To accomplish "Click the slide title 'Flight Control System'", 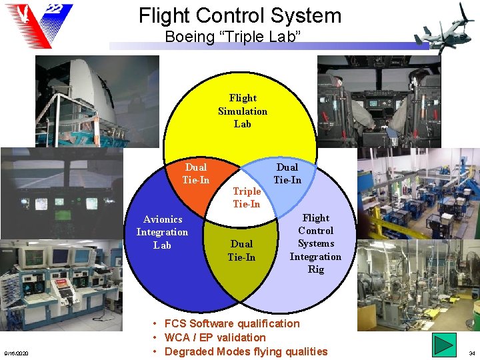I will [x=240, y=15].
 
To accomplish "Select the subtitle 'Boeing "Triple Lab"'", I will [x=233, y=36].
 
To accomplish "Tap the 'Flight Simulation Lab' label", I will [x=243, y=111].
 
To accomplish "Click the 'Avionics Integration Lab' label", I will [x=162, y=232].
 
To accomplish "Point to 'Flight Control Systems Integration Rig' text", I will [x=315, y=243].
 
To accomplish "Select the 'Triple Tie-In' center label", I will [x=246, y=197].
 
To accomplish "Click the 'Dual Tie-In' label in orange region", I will [x=196, y=174].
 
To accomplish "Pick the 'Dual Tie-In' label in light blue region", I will [x=287, y=173].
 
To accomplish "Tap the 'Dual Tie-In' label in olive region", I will [x=241, y=251].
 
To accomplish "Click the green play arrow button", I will [x=445, y=345].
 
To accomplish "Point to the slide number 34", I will [x=471, y=353].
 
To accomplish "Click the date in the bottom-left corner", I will [x=15, y=353].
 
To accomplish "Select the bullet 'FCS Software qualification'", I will [x=231, y=323].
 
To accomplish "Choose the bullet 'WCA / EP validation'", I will [x=215, y=337].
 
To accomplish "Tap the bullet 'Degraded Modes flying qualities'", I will [x=245, y=351].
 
